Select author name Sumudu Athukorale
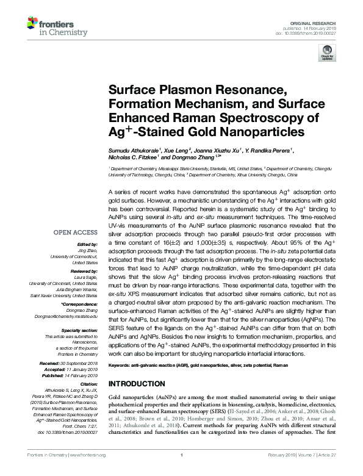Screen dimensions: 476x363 coord(133,149)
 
